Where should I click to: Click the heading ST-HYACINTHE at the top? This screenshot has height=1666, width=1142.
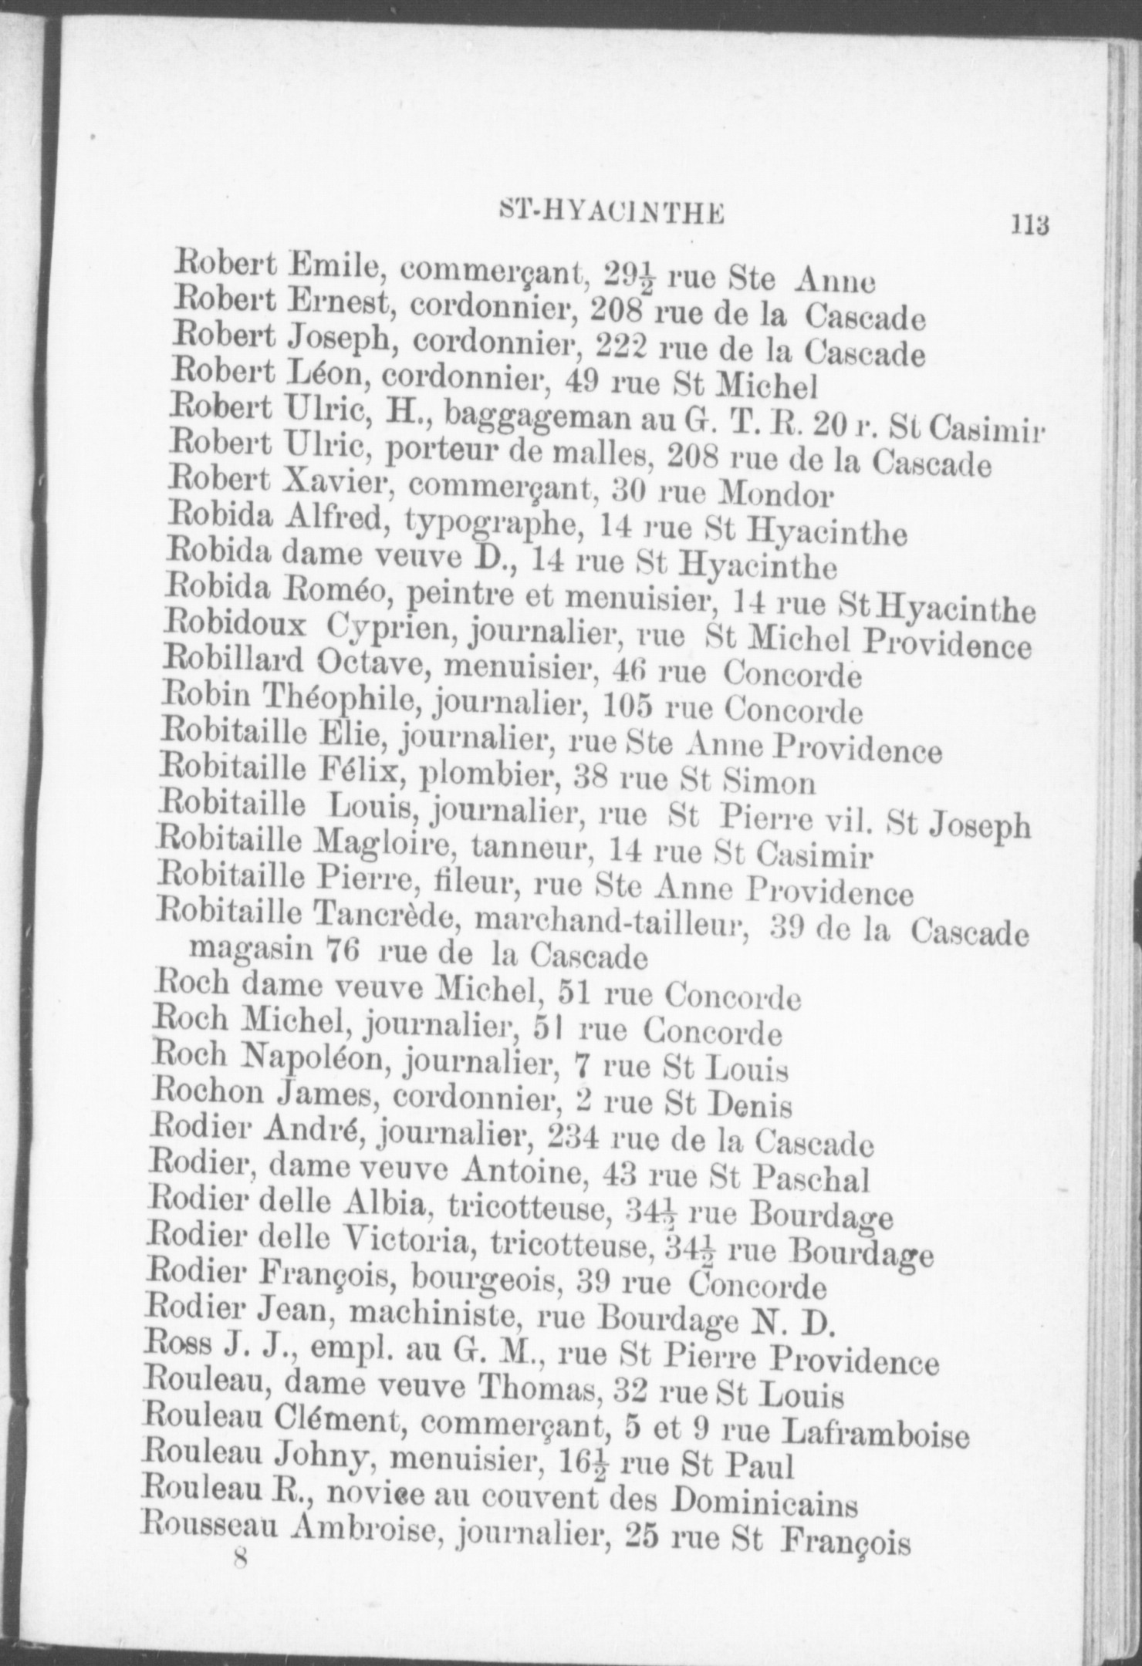point(611,212)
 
